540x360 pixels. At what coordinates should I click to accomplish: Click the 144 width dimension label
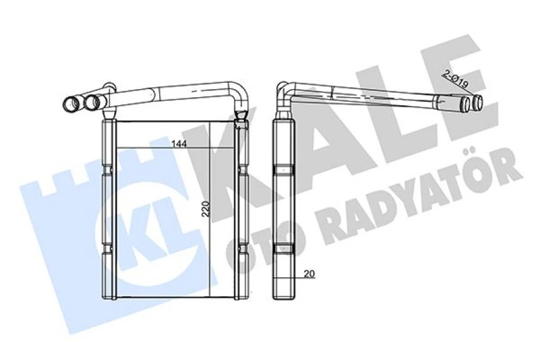[179, 144]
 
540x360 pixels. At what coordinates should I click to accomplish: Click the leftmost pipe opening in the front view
[70, 102]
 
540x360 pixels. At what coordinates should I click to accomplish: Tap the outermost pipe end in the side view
[478, 102]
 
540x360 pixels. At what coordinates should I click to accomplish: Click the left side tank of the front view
[108, 210]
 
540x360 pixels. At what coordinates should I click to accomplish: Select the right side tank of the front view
[241, 210]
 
